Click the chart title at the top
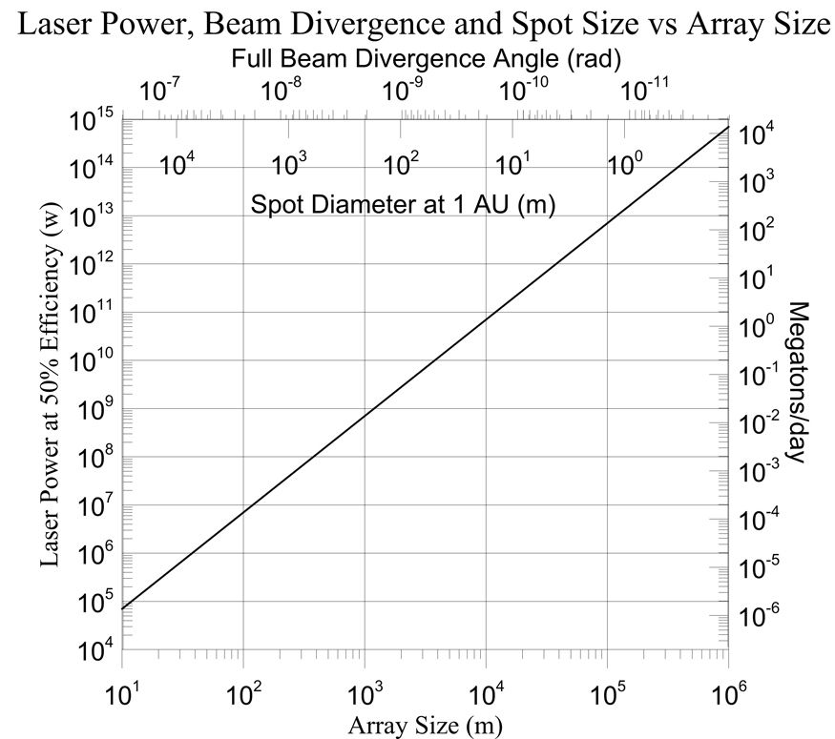tap(417, 23)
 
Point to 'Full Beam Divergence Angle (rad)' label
tap(427, 59)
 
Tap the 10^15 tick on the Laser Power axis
tap(92, 121)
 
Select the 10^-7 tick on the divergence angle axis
tap(160, 92)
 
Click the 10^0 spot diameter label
tap(626, 165)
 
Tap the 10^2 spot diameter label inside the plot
tap(402, 165)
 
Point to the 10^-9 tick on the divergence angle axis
tap(402, 92)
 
